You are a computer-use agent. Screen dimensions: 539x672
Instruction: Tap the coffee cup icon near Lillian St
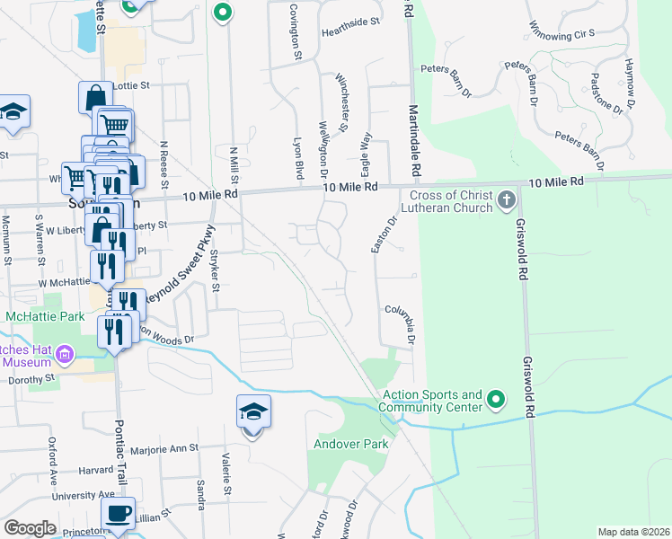coord(118,514)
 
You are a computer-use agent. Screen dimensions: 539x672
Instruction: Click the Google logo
coord(30,527)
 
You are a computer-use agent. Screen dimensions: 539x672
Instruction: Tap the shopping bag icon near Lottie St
coord(95,97)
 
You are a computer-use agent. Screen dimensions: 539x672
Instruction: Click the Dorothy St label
coord(31,380)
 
